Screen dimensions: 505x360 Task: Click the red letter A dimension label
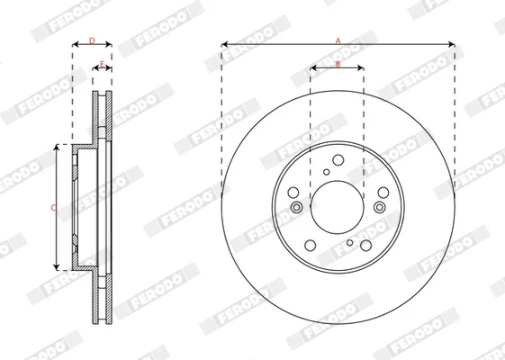click(x=338, y=40)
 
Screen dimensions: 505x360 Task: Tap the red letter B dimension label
click(x=338, y=64)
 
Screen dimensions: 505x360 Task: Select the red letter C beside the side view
click(x=53, y=208)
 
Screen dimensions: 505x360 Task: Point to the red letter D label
click(x=92, y=40)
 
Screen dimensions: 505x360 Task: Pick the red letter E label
click(x=102, y=64)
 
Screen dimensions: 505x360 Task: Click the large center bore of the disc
click(x=338, y=207)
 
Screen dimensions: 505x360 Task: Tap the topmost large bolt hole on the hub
click(x=338, y=159)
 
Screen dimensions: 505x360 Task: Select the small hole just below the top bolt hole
click(x=327, y=172)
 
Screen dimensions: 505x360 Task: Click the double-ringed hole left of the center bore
click(x=296, y=207)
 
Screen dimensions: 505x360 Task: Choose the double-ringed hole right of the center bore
click(x=380, y=207)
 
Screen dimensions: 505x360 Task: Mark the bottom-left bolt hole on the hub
click(x=311, y=245)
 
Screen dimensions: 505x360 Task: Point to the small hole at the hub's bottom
click(x=350, y=242)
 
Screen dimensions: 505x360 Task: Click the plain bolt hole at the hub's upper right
click(x=383, y=193)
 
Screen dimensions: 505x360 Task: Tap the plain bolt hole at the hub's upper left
click(x=293, y=193)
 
